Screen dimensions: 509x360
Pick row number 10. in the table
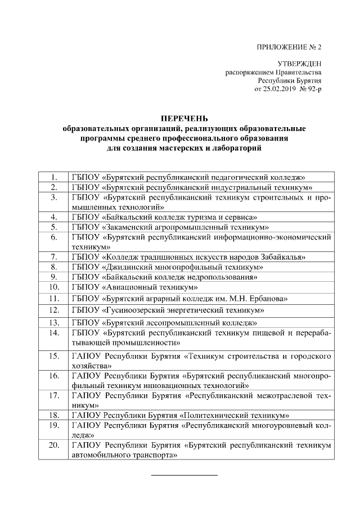[x=54, y=287]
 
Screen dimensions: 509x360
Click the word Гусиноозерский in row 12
[x=133, y=310]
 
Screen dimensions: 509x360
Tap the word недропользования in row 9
[x=223, y=277]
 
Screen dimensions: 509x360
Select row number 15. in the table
[x=54, y=355]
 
